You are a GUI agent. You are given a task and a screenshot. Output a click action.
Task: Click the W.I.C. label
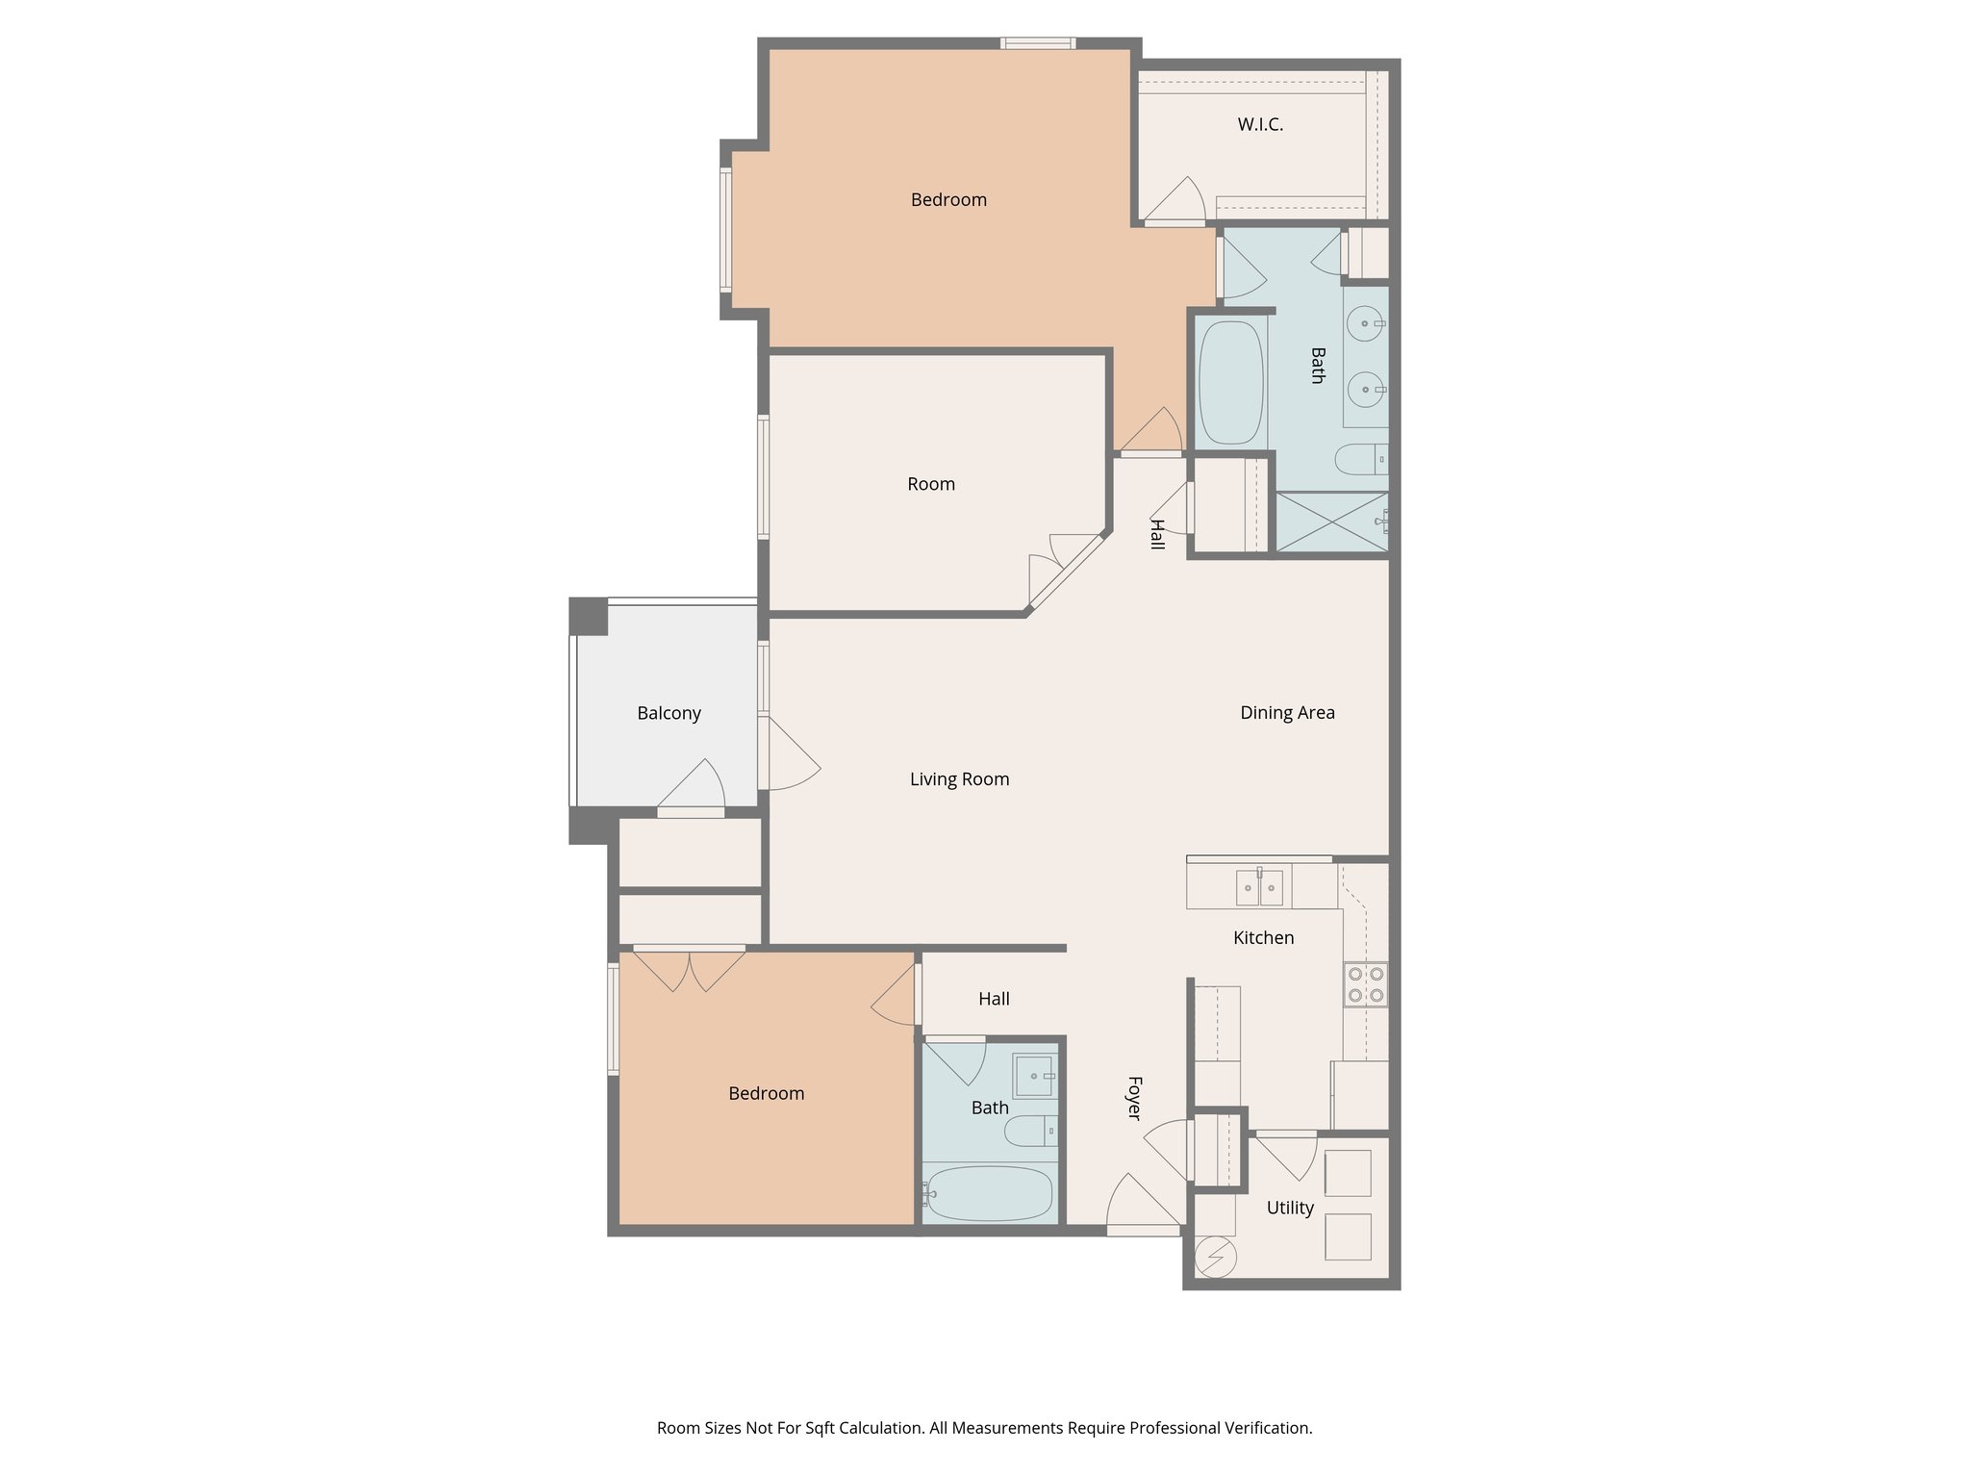1260,124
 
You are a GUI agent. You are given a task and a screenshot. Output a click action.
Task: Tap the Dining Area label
1287,713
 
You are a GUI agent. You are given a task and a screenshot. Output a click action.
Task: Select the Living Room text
959,779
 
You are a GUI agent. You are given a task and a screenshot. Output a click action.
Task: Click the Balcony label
669,713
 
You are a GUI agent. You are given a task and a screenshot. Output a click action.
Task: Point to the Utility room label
1290,1208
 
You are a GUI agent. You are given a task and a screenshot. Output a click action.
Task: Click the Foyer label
1134,1098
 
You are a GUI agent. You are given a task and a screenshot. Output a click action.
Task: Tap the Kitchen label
1263,937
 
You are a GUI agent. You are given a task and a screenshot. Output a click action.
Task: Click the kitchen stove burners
1366,984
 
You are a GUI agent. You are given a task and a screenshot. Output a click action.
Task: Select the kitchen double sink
1260,886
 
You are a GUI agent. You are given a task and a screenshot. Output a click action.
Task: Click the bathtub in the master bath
1231,382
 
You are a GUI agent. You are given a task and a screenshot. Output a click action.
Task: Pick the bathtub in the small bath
989,1194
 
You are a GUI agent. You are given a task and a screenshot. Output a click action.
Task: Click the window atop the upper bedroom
1037,43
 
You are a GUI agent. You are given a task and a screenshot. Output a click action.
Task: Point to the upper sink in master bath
1365,323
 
